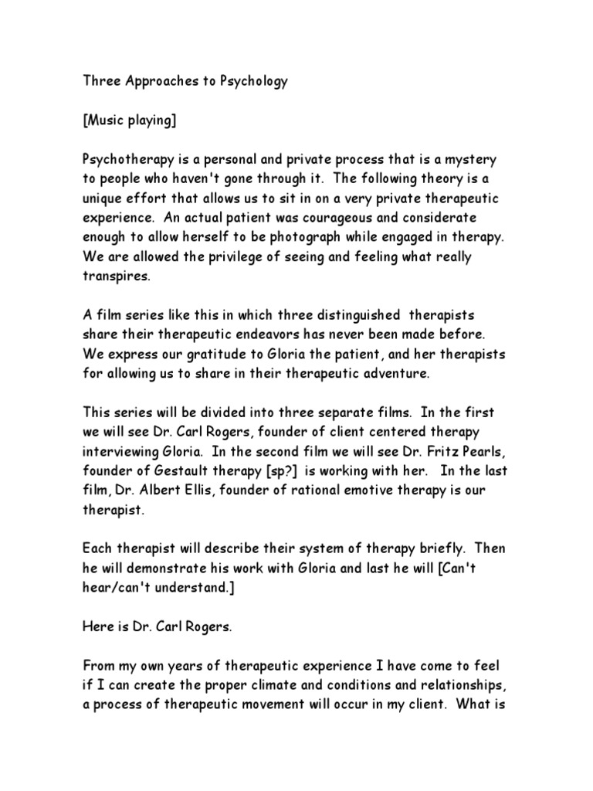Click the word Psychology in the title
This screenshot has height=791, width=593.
click(249, 82)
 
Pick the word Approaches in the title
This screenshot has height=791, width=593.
click(156, 82)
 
